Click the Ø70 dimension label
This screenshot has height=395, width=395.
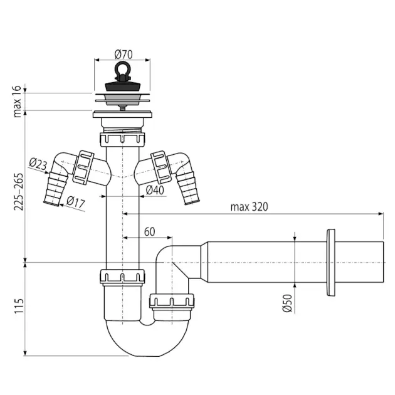pos(124,55)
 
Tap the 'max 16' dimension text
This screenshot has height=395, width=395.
pos(18,102)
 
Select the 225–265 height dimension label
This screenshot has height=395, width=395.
pos(18,192)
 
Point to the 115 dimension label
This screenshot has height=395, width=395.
pos(19,306)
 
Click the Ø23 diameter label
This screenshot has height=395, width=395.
pos(38,164)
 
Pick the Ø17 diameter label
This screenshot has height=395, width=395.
pos(76,202)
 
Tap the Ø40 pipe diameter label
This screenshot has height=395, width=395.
pos(155,190)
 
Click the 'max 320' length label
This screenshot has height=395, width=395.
pos(249,207)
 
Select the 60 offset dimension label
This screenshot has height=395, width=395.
pos(150,232)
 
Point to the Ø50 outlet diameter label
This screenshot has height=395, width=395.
pos(287,303)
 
